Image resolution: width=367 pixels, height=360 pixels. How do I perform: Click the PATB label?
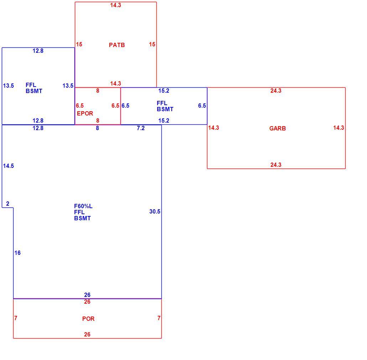(117, 45)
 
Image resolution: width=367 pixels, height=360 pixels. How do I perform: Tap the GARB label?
(277, 128)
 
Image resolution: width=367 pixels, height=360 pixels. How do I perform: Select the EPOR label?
(85, 113)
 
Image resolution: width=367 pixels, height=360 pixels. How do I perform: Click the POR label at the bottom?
(88, 319)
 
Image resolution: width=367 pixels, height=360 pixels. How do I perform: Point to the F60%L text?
(83, 206)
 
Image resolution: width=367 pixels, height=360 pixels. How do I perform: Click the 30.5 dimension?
(155, 212)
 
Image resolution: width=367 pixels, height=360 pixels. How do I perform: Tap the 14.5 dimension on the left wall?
(9, 166)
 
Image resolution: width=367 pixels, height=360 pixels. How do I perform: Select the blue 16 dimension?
(17, 253)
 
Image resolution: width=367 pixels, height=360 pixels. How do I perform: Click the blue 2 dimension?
(8, 204)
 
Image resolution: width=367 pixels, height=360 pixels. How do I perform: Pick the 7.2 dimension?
(141, 128)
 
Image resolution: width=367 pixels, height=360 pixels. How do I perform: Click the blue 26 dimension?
(87, 295)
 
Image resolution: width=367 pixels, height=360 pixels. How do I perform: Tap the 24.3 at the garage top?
(276, 91)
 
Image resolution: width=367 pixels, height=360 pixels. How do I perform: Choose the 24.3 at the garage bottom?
(276, 165)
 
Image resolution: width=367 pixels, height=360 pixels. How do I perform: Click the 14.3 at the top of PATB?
(116, 5)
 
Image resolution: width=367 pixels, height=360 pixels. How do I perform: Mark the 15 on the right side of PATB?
(152, 44)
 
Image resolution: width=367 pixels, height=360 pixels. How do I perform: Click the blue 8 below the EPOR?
(97, 128)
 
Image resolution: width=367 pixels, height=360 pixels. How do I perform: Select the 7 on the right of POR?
(159, 318)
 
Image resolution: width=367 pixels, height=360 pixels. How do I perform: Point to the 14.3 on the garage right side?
(339, 128)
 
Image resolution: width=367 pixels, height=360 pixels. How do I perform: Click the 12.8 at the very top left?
(38, 51)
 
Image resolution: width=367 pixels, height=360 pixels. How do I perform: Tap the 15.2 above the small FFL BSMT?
(164, 91)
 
